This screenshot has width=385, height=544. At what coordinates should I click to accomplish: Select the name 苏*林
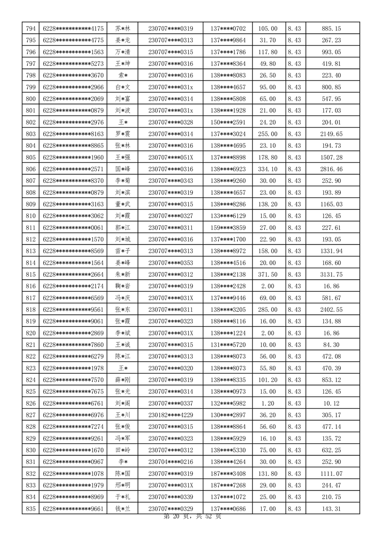click(x=123, y=29)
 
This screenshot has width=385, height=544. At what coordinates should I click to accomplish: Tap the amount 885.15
click(x=332, y=29)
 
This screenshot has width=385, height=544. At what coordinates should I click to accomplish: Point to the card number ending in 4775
click(x=73, y=40)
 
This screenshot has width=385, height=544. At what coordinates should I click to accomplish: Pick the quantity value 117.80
click(x=268, y=52)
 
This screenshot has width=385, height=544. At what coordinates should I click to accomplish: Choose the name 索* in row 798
click(x=123, y=75)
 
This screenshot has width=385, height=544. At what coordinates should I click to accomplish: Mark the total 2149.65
click(x=332, y=134)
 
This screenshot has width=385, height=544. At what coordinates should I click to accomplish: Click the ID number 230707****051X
click(x=170, y=157)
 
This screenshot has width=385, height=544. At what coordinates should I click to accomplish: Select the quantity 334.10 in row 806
click(x=268, y=169)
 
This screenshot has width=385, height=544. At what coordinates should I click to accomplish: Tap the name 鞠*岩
click(x=123, y=286)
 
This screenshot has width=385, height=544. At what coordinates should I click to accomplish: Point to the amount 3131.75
click(x=332, y=274)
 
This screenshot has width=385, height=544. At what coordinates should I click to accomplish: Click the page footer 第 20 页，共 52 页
click(x=192, y=517)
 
